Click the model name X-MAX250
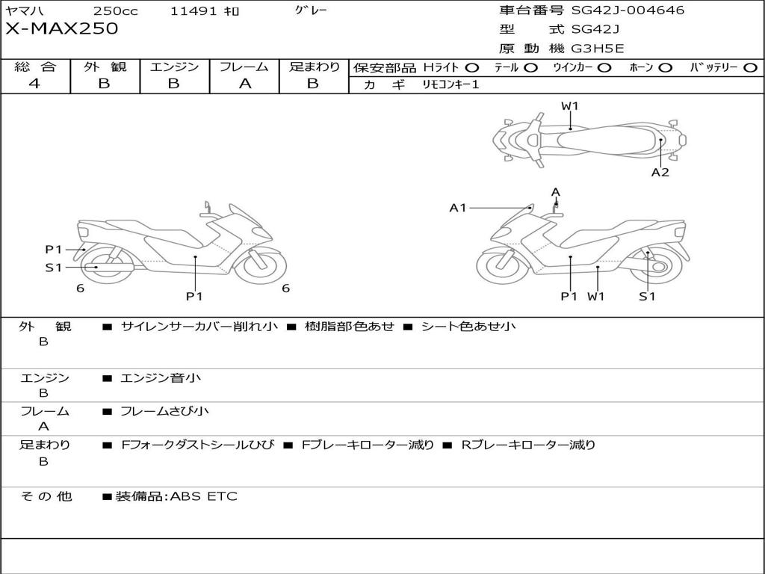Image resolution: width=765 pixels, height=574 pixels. coord(61,29)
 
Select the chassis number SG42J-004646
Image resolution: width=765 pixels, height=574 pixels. coord(628,10)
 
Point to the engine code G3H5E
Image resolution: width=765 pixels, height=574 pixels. coord(598,49)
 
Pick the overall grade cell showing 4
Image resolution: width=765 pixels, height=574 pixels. coord(34,84)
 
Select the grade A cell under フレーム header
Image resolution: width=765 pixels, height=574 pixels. coord(244,84)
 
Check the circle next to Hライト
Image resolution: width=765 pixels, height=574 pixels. coord(472,68)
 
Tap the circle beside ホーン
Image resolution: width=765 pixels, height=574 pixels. coord(666,68)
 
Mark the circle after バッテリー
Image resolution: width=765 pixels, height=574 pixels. coord(751,68)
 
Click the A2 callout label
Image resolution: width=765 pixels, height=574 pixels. coord(660,172)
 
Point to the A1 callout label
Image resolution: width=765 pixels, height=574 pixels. coord(458,208)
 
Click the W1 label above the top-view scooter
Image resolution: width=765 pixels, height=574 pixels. coord(570,106)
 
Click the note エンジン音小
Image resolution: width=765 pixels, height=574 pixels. coord(160,378)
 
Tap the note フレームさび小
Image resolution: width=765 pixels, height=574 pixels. coord(164,411)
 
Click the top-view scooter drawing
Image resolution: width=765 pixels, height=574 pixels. coord(589,138)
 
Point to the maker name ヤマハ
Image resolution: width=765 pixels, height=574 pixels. coord(25,10)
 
